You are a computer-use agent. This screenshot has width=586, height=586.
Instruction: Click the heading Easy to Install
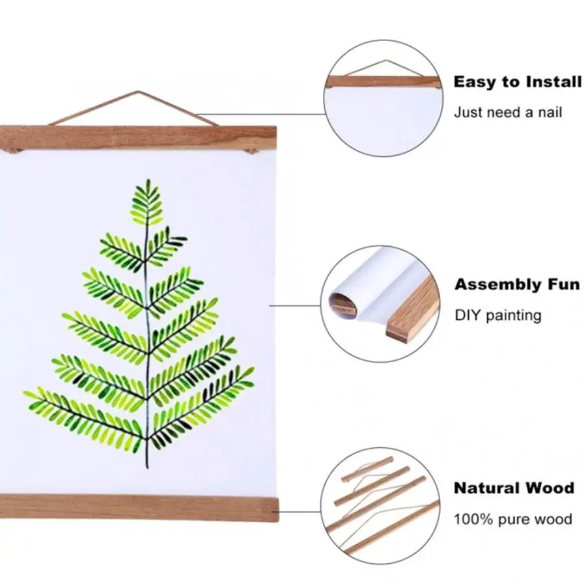pos(518,82)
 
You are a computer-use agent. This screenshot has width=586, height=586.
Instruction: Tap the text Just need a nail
pos(508,112)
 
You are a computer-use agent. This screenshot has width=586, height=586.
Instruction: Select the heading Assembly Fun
pos(517,285)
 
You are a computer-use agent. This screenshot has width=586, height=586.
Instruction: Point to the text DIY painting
pos(498,316)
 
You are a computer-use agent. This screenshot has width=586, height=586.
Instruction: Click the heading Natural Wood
pos(514,488)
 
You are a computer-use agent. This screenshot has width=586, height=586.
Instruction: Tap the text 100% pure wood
pos(513,519)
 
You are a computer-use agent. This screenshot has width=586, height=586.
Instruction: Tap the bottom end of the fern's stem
pos(147,467)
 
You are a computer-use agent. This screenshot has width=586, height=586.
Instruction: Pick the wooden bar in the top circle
pos(384,81)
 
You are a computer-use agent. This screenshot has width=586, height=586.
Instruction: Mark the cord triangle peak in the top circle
pos(382,63)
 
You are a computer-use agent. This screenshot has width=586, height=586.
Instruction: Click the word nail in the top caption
pos(549,112)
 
